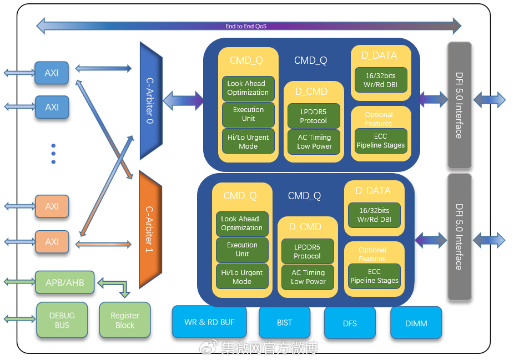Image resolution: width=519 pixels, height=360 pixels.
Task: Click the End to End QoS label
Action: [246, 26]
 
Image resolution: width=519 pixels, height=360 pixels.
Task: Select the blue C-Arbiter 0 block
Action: [150, 100]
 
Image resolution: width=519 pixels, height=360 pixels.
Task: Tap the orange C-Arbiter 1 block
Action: [150, 229]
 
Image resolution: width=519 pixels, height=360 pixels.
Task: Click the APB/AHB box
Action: [65, 282]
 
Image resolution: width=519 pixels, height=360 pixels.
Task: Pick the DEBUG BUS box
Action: [62, 320]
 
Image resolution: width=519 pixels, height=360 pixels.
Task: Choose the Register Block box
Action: [125, 320]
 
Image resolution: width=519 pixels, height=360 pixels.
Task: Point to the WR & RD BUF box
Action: [209, 322]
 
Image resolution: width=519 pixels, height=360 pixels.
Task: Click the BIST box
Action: [284, 323]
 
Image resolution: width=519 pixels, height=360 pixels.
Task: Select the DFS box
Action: [350, 323]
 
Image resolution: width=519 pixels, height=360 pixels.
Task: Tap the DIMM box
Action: [416, 323]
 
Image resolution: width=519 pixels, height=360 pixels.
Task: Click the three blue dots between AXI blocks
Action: [53, 154]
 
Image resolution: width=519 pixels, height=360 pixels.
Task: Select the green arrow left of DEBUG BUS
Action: [19, 319]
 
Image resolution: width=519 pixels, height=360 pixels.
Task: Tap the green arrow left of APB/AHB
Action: [19, 282]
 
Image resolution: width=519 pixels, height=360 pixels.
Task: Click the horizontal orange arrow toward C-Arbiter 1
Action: [103, 245]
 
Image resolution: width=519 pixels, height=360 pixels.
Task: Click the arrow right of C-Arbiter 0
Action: [183, 100]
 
